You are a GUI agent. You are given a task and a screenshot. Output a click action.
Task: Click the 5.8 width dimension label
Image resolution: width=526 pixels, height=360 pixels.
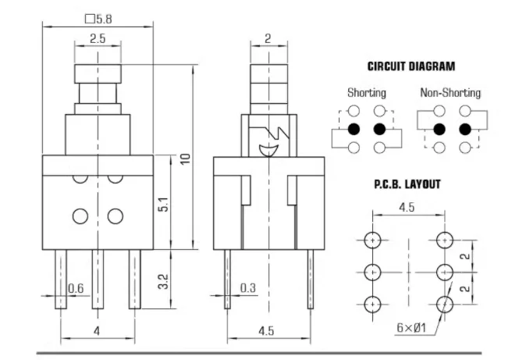(x=98, y=19)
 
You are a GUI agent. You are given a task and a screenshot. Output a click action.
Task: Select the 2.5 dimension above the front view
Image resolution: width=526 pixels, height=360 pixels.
(x=98, y=38)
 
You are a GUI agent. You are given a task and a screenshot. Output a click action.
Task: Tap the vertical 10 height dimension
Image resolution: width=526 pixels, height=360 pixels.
(x=185, y=159)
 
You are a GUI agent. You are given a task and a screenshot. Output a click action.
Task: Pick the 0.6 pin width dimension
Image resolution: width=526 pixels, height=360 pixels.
(x=76, y=288)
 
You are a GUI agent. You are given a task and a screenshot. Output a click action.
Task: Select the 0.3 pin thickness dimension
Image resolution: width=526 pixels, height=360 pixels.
(x=248, y=288)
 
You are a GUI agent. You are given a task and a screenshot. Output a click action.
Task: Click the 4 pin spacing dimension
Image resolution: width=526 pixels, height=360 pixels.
(x=97, y=331)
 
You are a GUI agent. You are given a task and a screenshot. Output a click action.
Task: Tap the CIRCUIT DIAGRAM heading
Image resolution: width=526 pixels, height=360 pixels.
(x=411, y=66)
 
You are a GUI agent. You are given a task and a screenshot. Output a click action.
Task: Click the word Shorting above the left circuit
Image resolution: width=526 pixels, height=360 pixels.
(x=367, y=93)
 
